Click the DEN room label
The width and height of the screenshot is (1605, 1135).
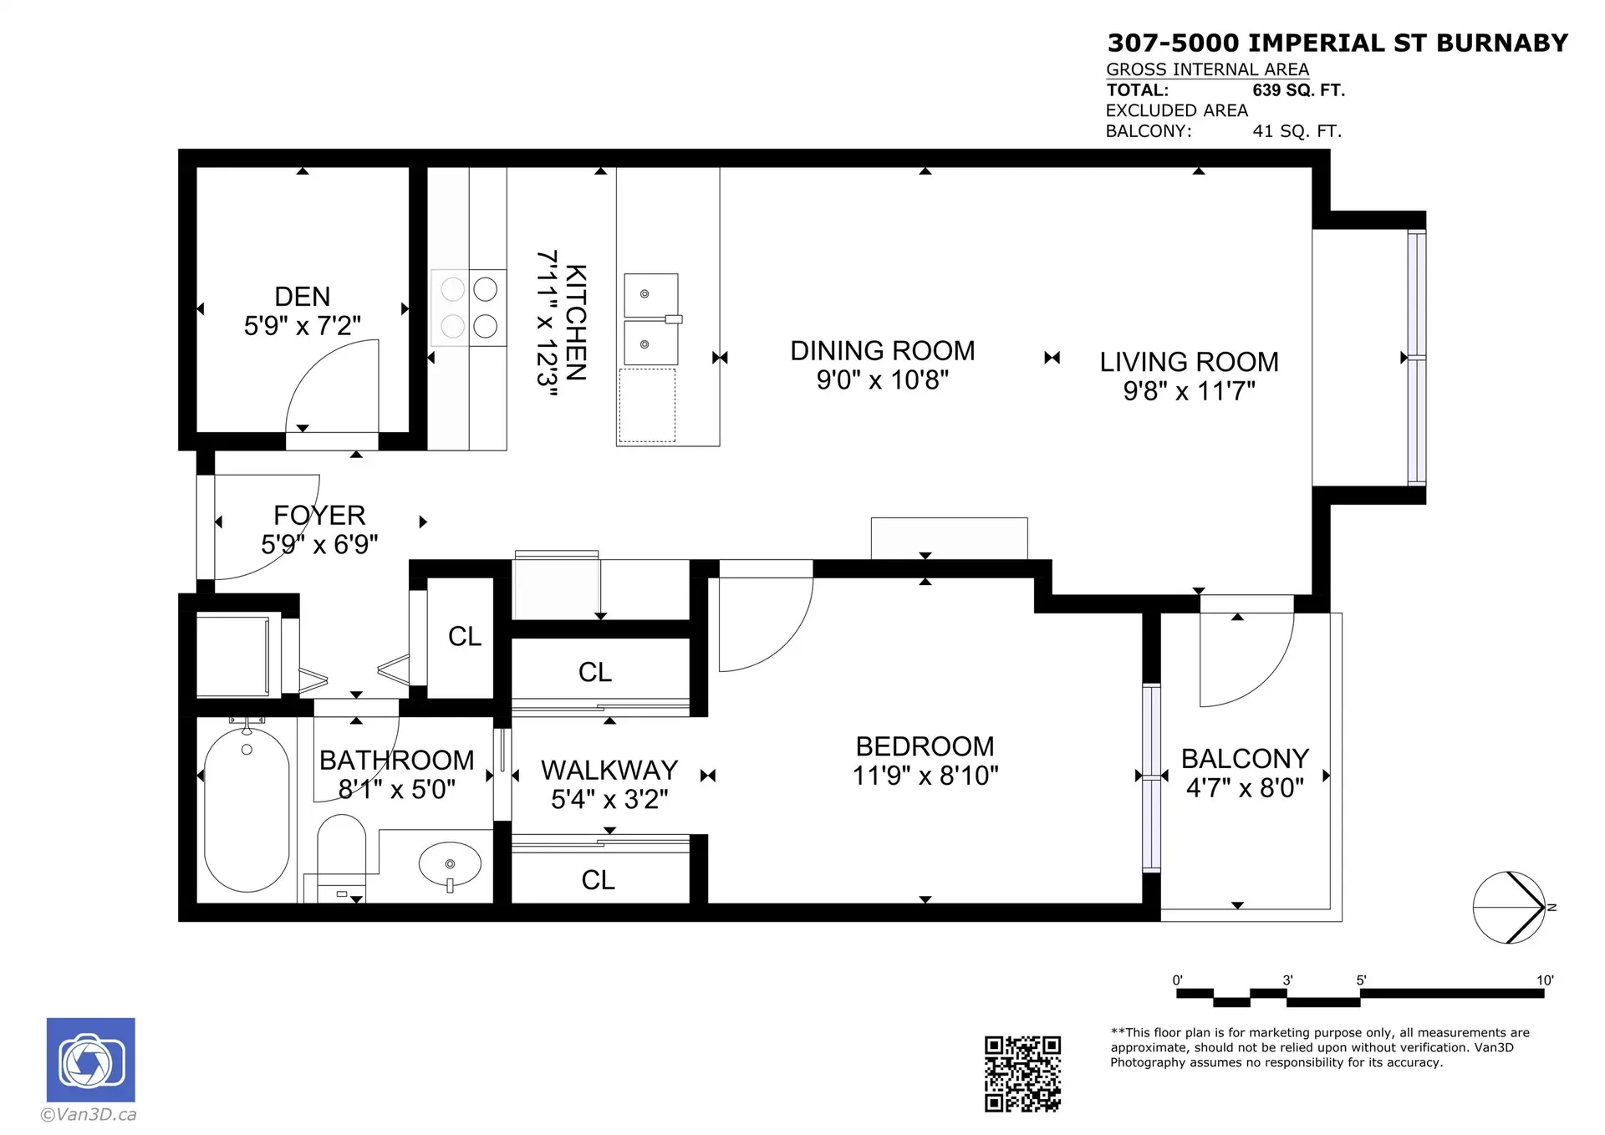pos(302,297)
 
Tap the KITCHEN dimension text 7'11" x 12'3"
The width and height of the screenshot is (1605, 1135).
pos(547,323)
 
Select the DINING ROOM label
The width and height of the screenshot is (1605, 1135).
pos(882,351)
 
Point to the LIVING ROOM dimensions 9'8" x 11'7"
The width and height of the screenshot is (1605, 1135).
pos(1189,391)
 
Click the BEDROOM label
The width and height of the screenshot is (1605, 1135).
pos(925,746)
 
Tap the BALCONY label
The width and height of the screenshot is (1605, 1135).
pos(1245,759)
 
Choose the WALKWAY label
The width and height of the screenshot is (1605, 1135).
pos(609,770)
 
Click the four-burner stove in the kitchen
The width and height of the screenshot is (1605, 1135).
pos(469,308)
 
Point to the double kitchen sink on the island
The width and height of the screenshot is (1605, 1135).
pos(651,319)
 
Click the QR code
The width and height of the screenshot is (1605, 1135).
pos(1022,1074)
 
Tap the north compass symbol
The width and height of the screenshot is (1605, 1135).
pos(1510,908)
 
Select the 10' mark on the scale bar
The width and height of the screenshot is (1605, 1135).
pos(1544,980)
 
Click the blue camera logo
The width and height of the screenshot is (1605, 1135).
pos(90,1060)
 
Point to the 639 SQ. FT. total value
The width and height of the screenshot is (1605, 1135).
pos(1298,90)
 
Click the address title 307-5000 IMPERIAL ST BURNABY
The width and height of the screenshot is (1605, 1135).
pos(1337,43)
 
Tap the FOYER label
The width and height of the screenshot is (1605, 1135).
pos(319,515)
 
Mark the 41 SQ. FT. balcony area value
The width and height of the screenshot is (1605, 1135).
pos(1297,131)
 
